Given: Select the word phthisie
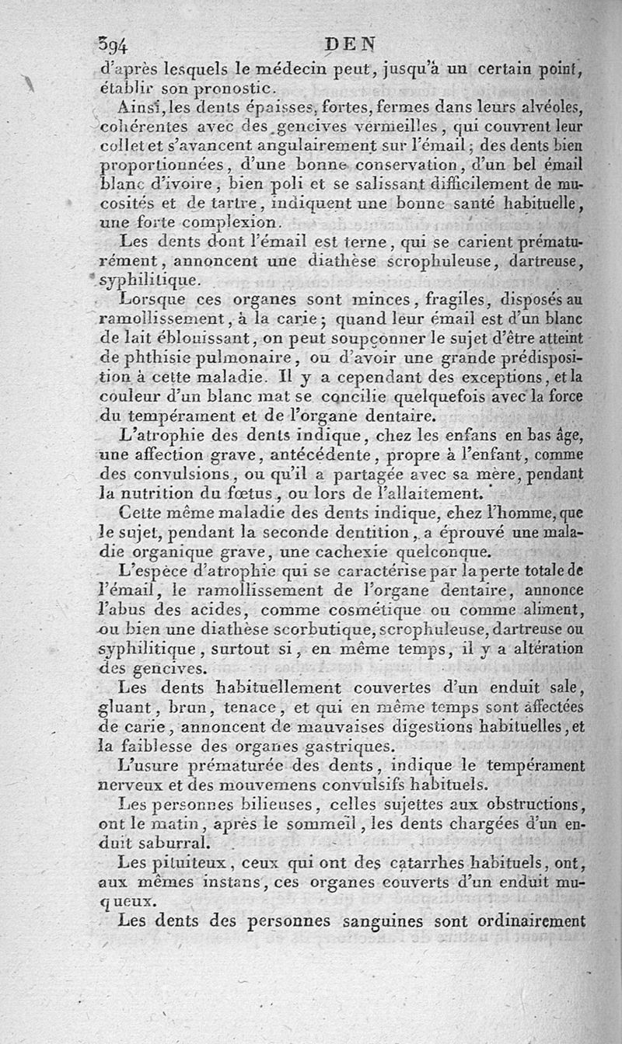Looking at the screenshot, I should click(156, 358).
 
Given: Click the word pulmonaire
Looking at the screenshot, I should click(245, 358).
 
